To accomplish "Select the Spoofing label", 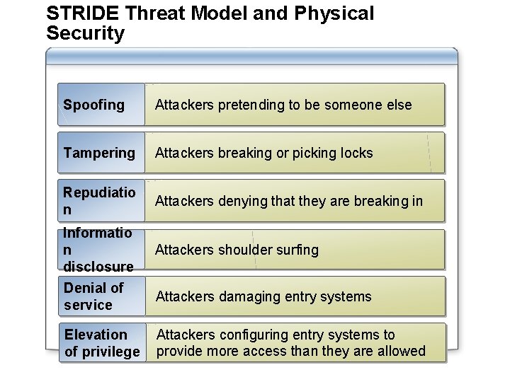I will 93,105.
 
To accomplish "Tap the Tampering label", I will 99,153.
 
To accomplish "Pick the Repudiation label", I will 99,201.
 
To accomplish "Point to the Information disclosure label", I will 98,250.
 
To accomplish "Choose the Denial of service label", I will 93,296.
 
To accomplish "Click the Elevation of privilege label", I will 102,343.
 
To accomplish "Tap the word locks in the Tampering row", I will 356,153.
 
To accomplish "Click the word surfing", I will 298,250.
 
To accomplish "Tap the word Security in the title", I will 85,33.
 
